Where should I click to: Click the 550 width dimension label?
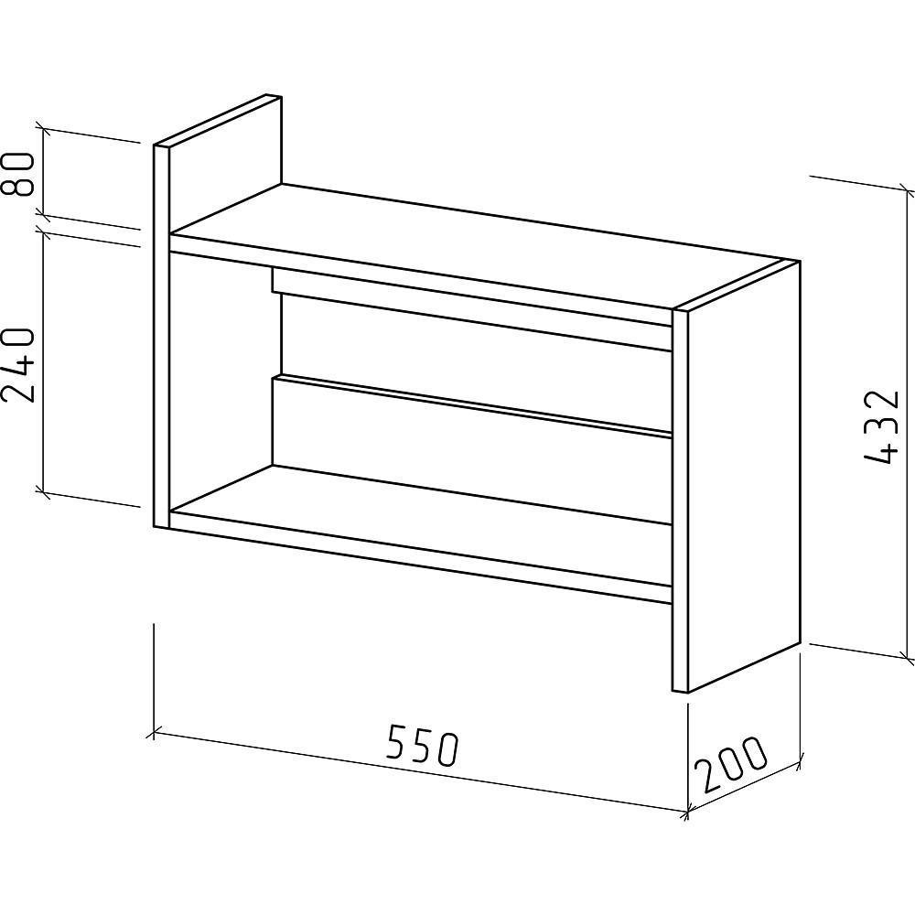pos(424,745)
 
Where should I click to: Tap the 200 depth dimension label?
pos(731,764)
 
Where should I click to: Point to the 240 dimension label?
pos(18,365)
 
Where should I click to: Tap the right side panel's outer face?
pos(744,476)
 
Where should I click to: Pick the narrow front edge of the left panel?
pos(162,336)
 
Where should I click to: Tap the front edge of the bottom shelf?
pos(420,556)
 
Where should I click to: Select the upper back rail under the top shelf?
pos(473,309)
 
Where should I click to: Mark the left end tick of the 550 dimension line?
pos(154,730)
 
